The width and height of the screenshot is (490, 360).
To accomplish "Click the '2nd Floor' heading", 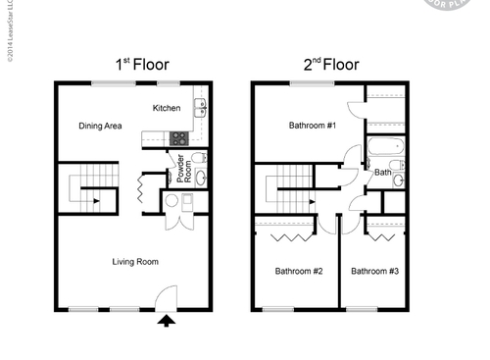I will (329, 65).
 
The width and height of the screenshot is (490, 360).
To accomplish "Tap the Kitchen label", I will (168, 107).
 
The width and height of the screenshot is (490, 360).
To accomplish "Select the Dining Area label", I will (100, 127).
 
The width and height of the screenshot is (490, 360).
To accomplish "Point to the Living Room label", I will (135, 262).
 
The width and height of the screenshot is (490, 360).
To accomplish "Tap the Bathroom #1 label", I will (312, 127).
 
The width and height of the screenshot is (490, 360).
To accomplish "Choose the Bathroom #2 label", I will (298, 271).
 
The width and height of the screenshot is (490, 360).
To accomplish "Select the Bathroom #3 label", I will (375, 271).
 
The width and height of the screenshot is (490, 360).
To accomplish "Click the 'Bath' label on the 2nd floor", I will (382, 172).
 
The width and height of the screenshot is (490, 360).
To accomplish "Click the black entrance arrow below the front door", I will (166, 319).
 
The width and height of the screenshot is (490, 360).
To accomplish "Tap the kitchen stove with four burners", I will (179, 138).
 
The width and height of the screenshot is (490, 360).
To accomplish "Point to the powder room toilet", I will (197, 157).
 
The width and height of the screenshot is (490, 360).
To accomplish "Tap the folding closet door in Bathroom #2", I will (286, 236).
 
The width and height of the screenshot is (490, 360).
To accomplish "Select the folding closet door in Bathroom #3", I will (383, 236).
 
